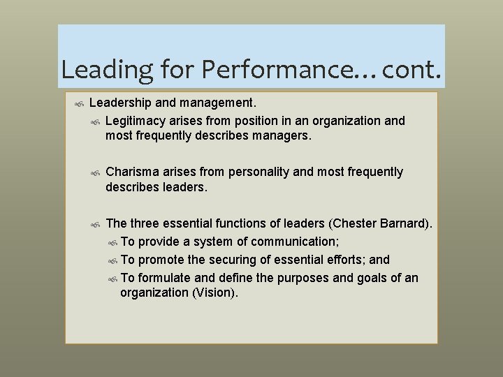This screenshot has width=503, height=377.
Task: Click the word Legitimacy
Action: click(136, 121)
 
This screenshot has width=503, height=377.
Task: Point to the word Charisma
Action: click(133, 172)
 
